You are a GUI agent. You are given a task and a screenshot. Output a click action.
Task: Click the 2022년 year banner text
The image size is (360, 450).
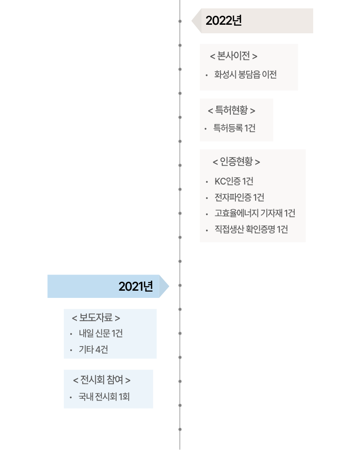[x=224, y=21]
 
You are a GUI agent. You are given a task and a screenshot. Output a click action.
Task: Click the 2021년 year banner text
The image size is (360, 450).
[x=136, y=286]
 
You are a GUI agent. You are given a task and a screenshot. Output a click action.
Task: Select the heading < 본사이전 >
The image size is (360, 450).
[x=234, y=56]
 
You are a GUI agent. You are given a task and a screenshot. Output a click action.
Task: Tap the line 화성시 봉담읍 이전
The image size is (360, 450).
[x=245, y=75]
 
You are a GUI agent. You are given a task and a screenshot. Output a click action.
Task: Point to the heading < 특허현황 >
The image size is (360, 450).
[x=231, y=110]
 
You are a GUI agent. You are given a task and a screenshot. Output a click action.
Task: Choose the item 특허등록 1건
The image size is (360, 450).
[x=234, y=129]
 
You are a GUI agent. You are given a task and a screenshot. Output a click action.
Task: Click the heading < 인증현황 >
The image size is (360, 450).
[x=236, y=162]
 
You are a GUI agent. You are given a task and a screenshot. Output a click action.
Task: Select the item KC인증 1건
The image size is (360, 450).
[x=234, y=181]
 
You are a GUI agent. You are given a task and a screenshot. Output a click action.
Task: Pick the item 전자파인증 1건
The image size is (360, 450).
[x=239, y=198]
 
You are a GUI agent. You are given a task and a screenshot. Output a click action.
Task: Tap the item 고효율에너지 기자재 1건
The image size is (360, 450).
[x=255, y=213]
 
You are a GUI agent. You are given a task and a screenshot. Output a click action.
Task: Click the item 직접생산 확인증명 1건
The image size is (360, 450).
[x=251, y=229]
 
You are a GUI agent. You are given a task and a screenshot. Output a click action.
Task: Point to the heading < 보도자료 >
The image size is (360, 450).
[x=96, y=318]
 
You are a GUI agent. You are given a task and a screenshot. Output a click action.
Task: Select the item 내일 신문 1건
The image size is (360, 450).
[x=101, y=333]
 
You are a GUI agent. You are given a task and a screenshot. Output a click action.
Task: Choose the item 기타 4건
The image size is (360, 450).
[x=93, y=350]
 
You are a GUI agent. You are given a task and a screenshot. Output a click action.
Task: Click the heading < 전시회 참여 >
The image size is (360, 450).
[x=102, y=380]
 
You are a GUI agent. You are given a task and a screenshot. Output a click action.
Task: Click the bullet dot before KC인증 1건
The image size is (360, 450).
[x=206, y=182]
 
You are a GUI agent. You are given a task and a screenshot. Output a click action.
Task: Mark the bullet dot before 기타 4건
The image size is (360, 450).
[x=71, y=350]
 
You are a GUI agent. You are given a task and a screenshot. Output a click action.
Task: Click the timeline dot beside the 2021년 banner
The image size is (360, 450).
[x=180, y=285]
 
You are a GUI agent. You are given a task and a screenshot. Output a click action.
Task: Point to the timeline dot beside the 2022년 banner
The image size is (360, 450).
[x=180, y=21]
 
